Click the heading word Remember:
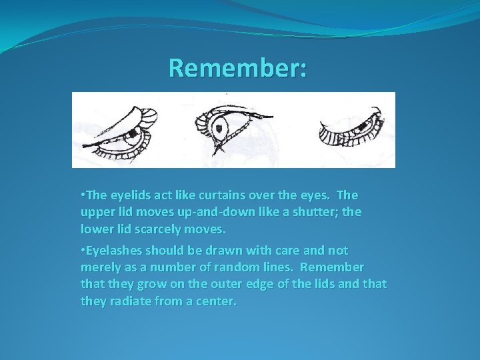[x=238, y=68]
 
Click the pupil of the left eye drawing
[x=133, y=134]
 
